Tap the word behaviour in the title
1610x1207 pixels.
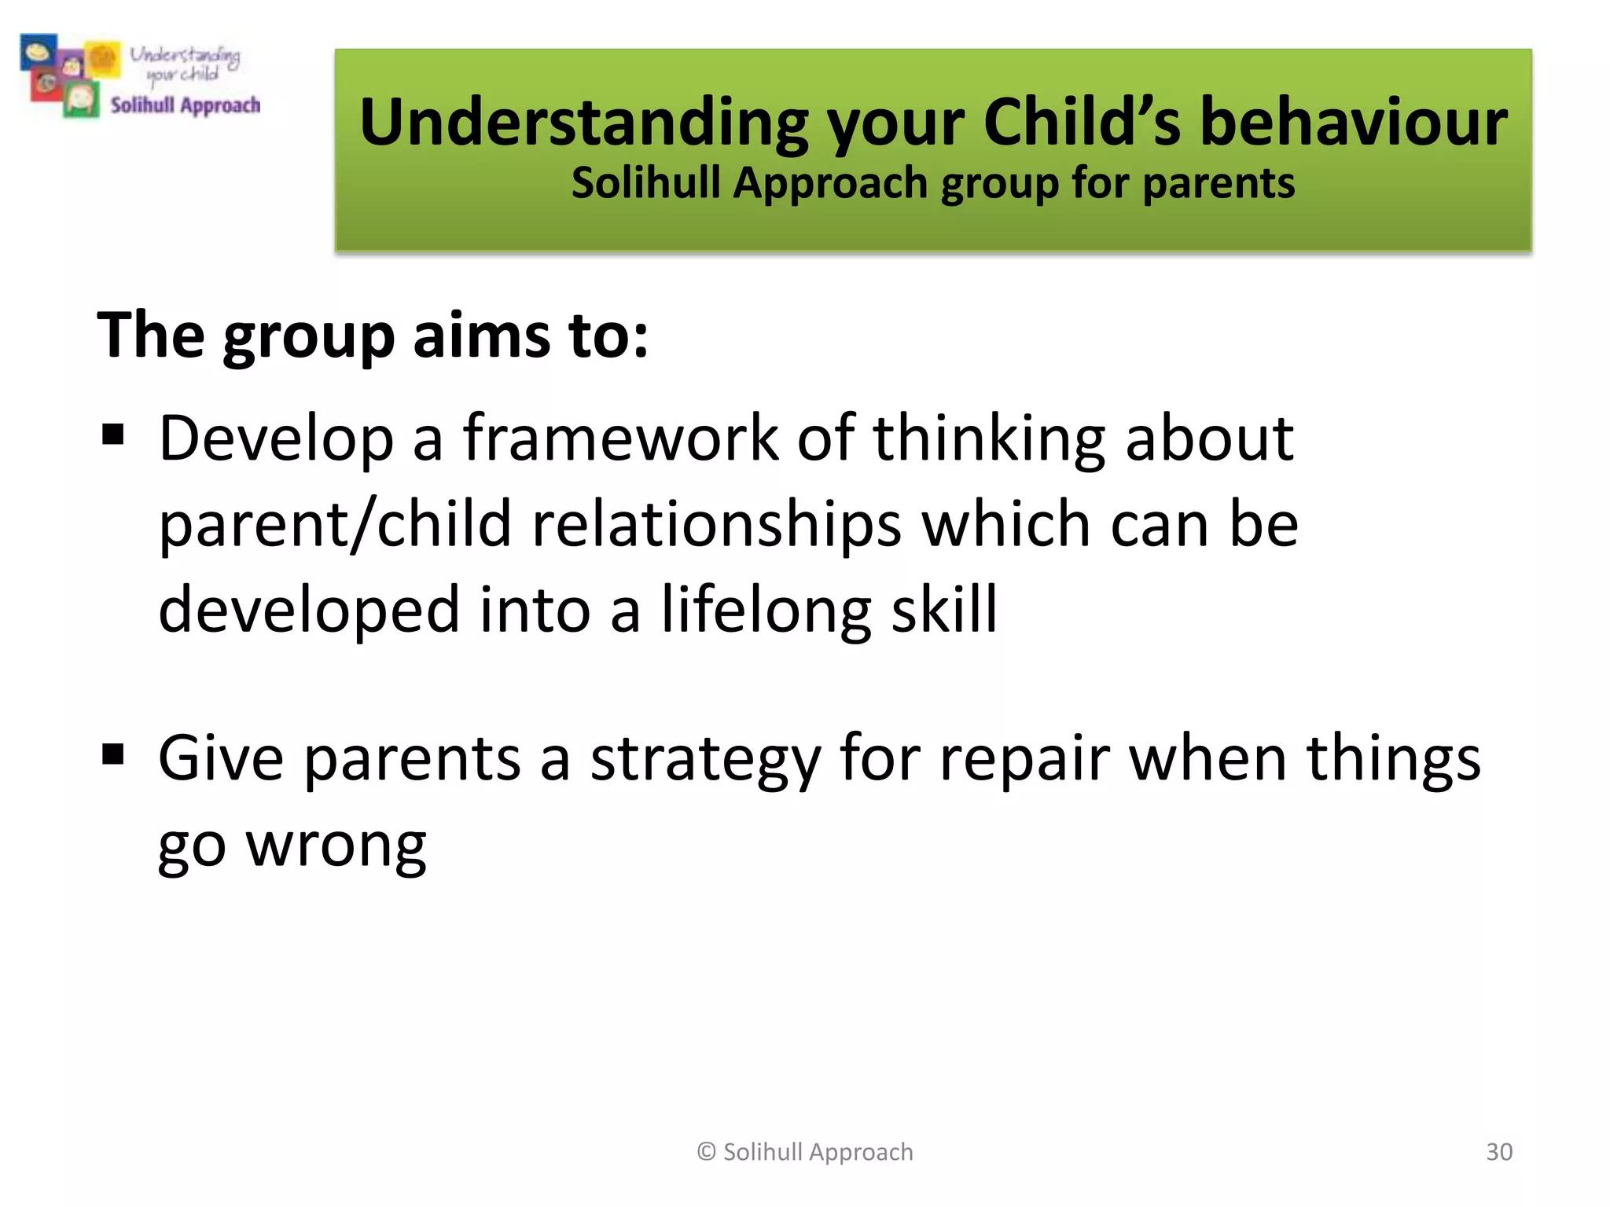pyautogui.click(x=1353, y=123)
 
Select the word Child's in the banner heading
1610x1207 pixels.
pyautogui.click(x=1082, y=123)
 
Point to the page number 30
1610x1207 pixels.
pyautogui.click(x=1498, y=1152)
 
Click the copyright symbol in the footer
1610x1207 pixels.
pyautogui.click(x=706, y=1152)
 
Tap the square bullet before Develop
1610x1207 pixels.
pyautogui.click(x=113, y=435)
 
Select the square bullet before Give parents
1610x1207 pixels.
pyautogui.click(x=113, y=754)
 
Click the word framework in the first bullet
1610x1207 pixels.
pyautogui.click(x=620, y=438)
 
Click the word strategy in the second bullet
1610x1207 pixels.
pyautogui.click(x=705, y=759)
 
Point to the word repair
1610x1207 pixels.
pyautogui.click(x=1024, y=759)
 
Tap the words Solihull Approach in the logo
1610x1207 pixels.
pyautogui.click(x=185, y=105)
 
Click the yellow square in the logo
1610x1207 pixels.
pyautogui.click(x=103, y=59)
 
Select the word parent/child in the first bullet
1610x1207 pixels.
pyautogui.click(x=335, y=524)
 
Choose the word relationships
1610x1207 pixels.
pyautogui.click(x=716, y=524)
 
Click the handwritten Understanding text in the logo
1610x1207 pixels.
pyautogui.click(x=185, y=55)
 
